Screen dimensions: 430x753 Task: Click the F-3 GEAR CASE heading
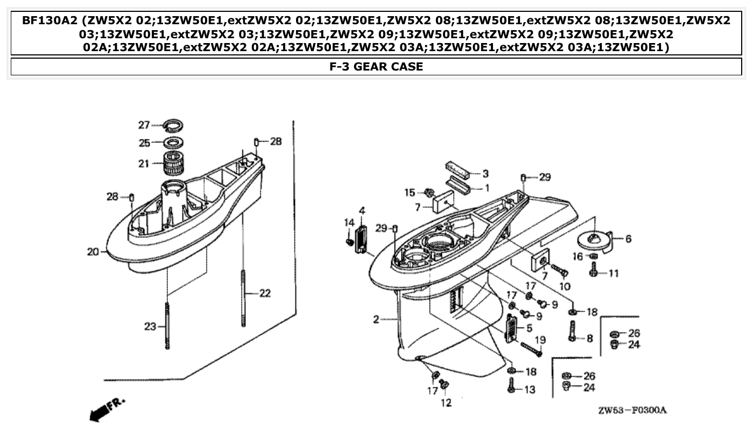[376, 67]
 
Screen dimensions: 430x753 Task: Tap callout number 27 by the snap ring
[143, 125]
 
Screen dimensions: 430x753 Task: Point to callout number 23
[150, 326]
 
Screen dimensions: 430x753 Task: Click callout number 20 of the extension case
[93, 251]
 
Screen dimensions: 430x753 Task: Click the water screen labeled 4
[361, 239]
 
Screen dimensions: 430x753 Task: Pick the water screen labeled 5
[510, 328]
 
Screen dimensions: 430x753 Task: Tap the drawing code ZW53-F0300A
[632, 411]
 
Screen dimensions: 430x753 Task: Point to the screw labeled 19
[531, 349]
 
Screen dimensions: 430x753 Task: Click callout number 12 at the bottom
[446, 402]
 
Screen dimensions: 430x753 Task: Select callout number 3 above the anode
[485, 173]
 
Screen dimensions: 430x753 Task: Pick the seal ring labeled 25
[174, 143]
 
